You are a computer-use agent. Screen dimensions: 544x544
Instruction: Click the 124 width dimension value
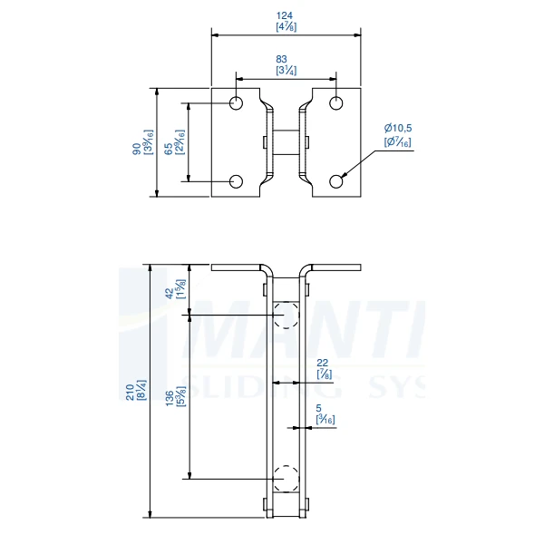coord(286,15)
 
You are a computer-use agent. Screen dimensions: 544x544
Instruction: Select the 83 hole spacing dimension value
coord(286,59)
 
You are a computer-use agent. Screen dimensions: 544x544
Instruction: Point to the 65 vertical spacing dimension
coord(170,149)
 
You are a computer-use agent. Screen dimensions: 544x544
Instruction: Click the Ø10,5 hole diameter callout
coord(398,129)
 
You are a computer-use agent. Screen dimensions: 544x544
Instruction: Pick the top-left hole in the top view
coord(236,103)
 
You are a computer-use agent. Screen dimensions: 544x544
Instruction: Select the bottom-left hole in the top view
coord(236,182)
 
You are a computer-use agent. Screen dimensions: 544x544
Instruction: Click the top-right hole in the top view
coord(336,103)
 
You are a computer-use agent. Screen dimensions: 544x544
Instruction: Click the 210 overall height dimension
coord(131,391)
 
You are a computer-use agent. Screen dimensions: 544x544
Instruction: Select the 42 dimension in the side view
coord(170,292)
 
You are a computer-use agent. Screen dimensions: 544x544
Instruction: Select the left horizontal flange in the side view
coord(238,267)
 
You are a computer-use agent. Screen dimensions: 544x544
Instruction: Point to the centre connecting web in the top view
coord(287,142)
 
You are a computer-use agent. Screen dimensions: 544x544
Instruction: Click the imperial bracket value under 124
coord(286,27)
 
